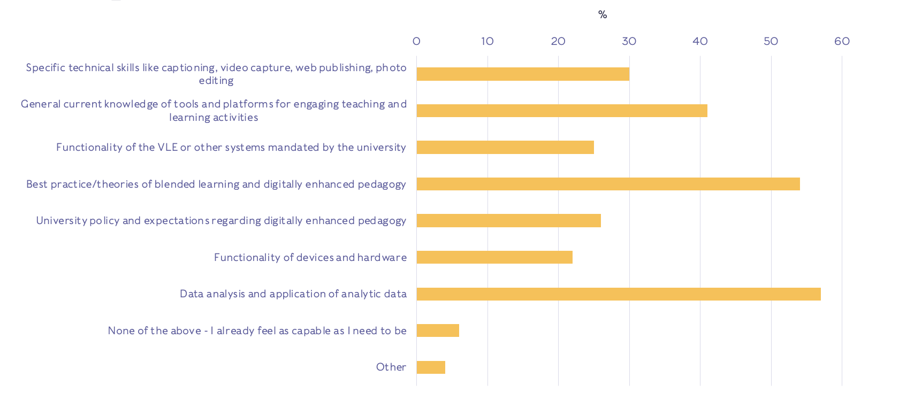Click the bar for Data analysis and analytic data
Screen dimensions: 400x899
pos(618,294)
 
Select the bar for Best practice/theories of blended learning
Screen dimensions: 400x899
pos(608,184)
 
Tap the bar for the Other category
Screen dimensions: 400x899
pos(431,367)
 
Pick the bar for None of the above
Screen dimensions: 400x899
pos(438,330)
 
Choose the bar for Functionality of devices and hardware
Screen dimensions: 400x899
pos(494,257)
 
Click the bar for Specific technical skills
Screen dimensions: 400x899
pos(523,74)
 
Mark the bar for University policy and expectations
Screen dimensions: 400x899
pos(508,220)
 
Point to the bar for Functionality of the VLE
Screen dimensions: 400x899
pos(505,147)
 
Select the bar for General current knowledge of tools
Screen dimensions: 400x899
pos(562,111)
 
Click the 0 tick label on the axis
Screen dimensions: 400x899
pos(416,41)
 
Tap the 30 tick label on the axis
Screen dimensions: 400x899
pos(629,41)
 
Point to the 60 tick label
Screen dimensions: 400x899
pos(842,41)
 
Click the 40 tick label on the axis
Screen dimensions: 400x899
pos(700,41)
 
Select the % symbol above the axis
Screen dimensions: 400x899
pos(603,14)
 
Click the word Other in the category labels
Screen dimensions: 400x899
pos(391,367)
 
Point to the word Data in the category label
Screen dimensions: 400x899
pos(191,294)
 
